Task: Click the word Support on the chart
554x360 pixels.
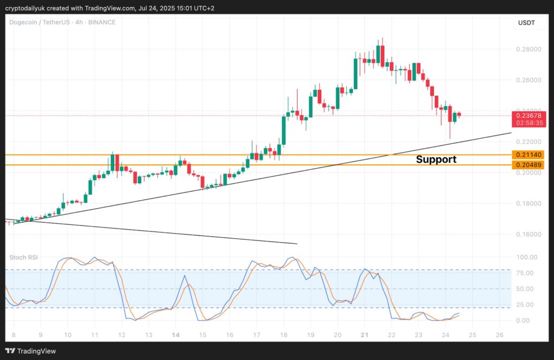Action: tap(436, 159)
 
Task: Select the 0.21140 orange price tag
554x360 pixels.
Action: tap(526, 155)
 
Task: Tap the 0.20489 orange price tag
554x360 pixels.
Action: tap(526, 165)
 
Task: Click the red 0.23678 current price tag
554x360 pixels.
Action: tap(526, 115)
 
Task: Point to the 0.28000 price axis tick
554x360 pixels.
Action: tap(526, 49)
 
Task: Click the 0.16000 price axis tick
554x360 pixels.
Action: tap(526, 235)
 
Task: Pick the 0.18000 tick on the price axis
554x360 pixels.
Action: tap(526, 204)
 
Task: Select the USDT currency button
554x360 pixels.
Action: tap(526, 23)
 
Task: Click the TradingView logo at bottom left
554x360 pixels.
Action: tap(32, 351)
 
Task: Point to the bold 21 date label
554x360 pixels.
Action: tap(365, 335)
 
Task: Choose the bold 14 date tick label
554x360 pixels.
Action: tap(176, 335)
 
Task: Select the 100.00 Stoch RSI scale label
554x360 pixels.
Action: tap(526, 257)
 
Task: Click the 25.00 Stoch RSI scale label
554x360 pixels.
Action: tap(526, 305)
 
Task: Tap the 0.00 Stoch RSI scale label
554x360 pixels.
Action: tap(526, 321)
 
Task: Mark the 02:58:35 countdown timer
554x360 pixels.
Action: tap(526, 123)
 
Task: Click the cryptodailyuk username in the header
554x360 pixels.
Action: tap(28, 7)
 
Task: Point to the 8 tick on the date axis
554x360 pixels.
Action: tap(13, 335)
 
